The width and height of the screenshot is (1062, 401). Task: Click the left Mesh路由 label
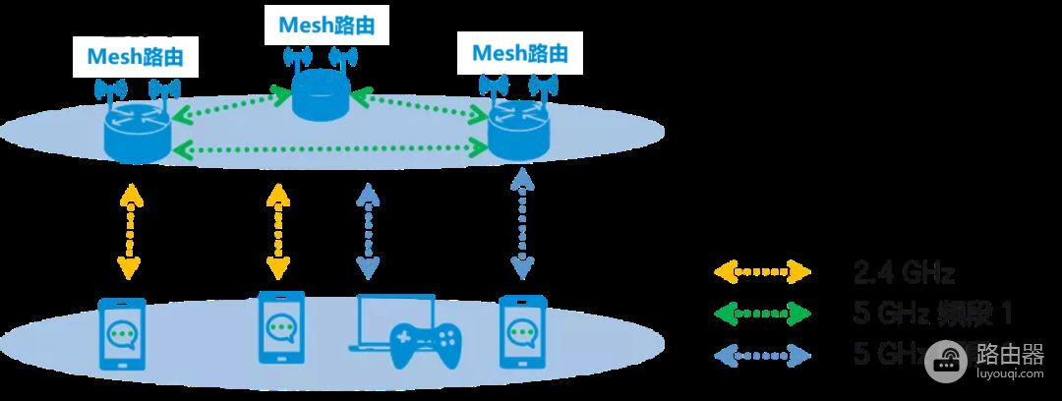coord(135,57)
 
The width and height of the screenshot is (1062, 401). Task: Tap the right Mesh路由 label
coord(519,50)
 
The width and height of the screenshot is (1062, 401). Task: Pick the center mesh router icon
coord(322,95)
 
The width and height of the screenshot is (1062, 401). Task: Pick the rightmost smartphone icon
coord(521,329)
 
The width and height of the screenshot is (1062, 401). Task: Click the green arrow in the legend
coord(762,314)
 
